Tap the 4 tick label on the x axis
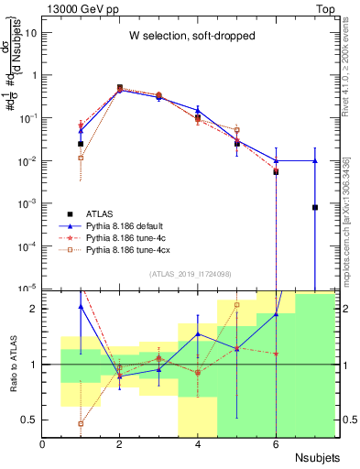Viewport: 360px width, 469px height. tap(198, 444)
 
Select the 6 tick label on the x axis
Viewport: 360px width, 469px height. tap(276, 444)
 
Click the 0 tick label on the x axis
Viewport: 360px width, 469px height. tap(43, 444)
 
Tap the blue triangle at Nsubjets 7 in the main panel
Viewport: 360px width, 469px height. tap(314, 160)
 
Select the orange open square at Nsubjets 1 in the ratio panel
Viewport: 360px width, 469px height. tap(82, 423)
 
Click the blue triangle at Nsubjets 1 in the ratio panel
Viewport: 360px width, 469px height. tap(82, 307)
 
